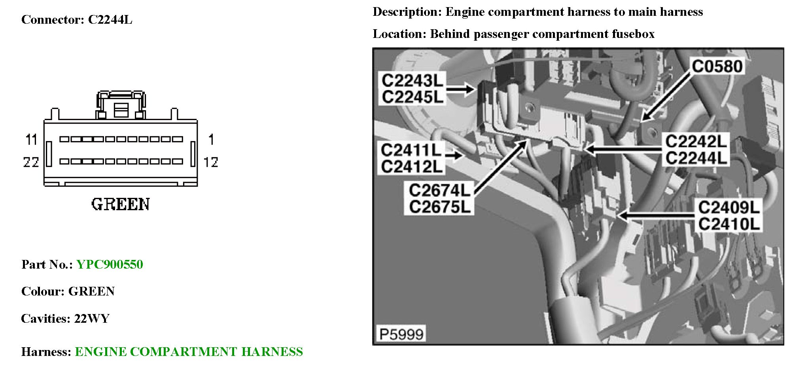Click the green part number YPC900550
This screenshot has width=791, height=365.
pyautogui.click(x=110, y=264)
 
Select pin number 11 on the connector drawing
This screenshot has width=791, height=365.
pyautogui.click(x=31, y=139)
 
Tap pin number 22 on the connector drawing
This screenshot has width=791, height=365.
pyautogui.click(x=31, y=162)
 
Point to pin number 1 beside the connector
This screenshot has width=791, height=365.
pyautogui.click(x=211, y=139)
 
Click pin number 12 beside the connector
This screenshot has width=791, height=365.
pyautogui.click(x=211, y=162)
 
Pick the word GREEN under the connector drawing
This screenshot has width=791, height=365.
pyautogui.click(x=121, y=204)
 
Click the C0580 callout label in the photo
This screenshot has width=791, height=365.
pyautogui.click(x=717, y=66)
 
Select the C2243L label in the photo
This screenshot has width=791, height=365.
pyautogui.click(x=412, y=81)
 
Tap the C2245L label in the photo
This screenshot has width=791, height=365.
pyautogui.click(x=412, y=97)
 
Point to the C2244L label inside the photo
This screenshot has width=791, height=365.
pyautogui.click(x=696, y=158)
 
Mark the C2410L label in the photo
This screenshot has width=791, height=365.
pyautogui.click(x=729, y=224)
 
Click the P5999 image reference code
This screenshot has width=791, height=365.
pyautogui.click(x=401, y=334)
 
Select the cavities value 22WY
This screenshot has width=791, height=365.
pyautogui.click(x=92, y=318)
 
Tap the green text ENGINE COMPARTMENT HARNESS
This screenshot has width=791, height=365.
pyautogui.click(x=189, y=352)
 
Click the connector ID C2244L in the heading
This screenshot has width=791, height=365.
pyautogui.click(x=110, y=20)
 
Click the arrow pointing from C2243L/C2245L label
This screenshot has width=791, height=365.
pyautogui.click(x=460, y=89)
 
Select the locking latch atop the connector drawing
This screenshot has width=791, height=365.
pyautogui.click(x=121, y=105)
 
